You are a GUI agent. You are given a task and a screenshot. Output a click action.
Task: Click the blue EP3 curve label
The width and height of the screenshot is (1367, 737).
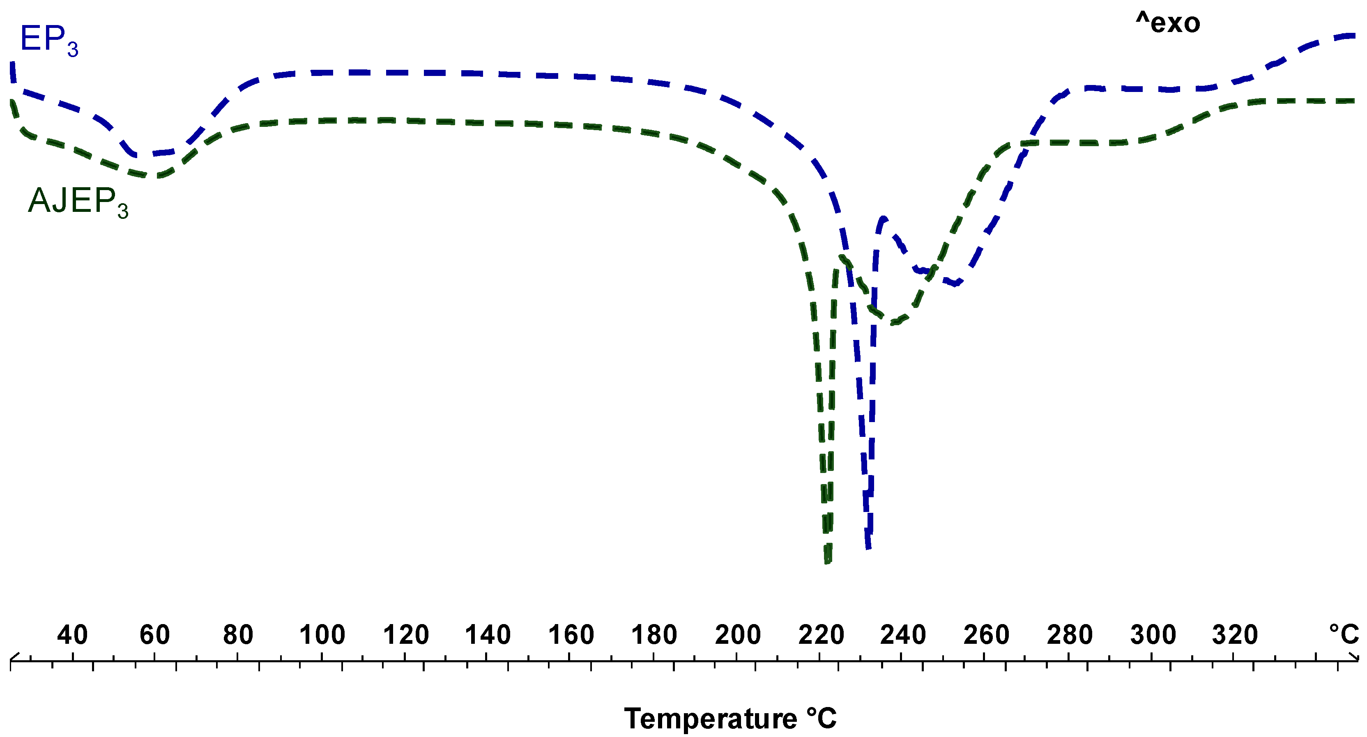(x=49, y=40)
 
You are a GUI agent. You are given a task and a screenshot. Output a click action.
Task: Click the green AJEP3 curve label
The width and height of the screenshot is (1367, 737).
(x=78, y=202)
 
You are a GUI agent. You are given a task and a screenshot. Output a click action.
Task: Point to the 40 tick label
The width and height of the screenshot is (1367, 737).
(x=72, y=635)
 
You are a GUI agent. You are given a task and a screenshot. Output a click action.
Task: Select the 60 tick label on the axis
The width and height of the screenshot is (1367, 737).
(x=154, y=635)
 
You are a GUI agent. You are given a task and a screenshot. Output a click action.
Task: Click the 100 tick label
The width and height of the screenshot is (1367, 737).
(x=322, y=635)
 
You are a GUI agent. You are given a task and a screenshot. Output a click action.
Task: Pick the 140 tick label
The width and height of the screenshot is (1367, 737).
(x=488, y=635)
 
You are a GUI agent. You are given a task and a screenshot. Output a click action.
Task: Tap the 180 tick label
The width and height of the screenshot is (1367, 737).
(x=654, y=635)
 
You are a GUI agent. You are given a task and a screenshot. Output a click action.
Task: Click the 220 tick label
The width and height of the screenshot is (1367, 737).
(x=821, y=635)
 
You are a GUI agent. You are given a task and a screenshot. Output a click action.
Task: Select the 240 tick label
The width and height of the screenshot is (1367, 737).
(x=903, y=635)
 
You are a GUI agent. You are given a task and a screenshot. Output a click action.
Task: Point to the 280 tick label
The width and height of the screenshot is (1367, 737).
(x=1069, y=635)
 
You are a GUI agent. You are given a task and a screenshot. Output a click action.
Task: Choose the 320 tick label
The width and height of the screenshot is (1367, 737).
(x=1235, y=635)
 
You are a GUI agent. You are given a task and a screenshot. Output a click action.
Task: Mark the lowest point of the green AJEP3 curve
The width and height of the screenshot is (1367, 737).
(x=827, y=561)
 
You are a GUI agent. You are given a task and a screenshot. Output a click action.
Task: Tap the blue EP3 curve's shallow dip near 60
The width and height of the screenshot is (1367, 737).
(x=146, y=154)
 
